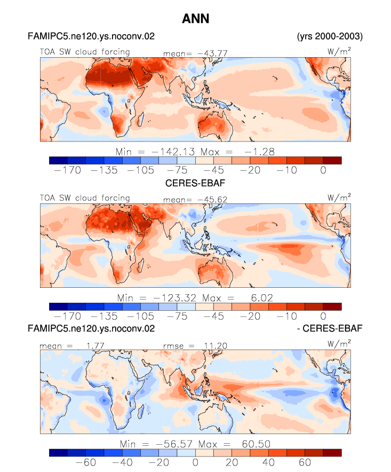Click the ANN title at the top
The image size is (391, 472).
pos(195,19)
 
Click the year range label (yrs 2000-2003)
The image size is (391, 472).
pos(330,36)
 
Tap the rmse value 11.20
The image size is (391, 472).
pos(216,346)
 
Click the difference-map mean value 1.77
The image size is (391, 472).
pos(95,345)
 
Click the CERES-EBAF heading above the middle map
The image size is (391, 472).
pos(195,183)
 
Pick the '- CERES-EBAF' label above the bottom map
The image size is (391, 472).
pos(330,328)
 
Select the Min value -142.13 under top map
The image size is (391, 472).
pos(173,152)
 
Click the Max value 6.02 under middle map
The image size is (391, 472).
pos(262,298)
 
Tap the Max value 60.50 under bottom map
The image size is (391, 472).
pos(256,444)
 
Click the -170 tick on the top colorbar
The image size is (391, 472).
pos(68,170)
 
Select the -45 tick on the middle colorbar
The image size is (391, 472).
pos(213,317)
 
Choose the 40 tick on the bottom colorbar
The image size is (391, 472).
pos(268,462)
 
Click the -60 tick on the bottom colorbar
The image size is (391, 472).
pos(86,462)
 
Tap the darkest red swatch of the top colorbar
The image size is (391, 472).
pos(332,160)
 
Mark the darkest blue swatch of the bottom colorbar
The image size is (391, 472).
pos(58,453)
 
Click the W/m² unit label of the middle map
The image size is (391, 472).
pos(339,198)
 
